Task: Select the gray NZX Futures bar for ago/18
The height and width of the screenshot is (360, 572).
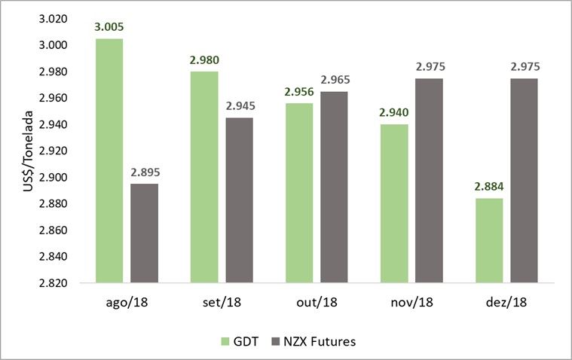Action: click(x=145, y=233)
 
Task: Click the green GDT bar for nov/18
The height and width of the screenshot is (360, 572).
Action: click(x=392, y=203)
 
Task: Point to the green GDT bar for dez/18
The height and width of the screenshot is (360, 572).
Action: click(x=487, y=240)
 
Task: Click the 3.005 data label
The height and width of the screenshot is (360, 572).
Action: click(x=109, y=27)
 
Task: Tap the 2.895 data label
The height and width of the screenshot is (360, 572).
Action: click(x=145, y=172)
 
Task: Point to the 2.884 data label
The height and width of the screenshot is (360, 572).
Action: click(x=487, y=187)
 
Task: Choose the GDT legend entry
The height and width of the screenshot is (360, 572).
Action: click(x=240, y=341)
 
